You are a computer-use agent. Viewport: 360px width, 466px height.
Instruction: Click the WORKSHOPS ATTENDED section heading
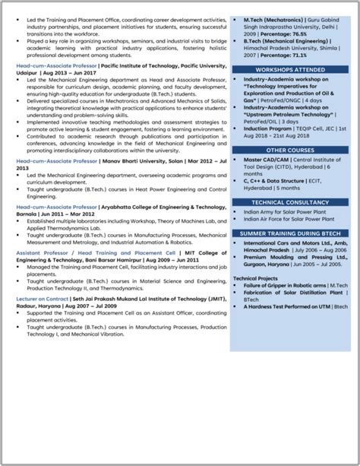coord(290,69)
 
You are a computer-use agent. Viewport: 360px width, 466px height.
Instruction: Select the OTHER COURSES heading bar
coord(290,150)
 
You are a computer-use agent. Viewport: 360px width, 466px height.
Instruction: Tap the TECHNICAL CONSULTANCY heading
coord(290,201)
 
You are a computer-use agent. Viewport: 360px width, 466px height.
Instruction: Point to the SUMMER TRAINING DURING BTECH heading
coord(290,233)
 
